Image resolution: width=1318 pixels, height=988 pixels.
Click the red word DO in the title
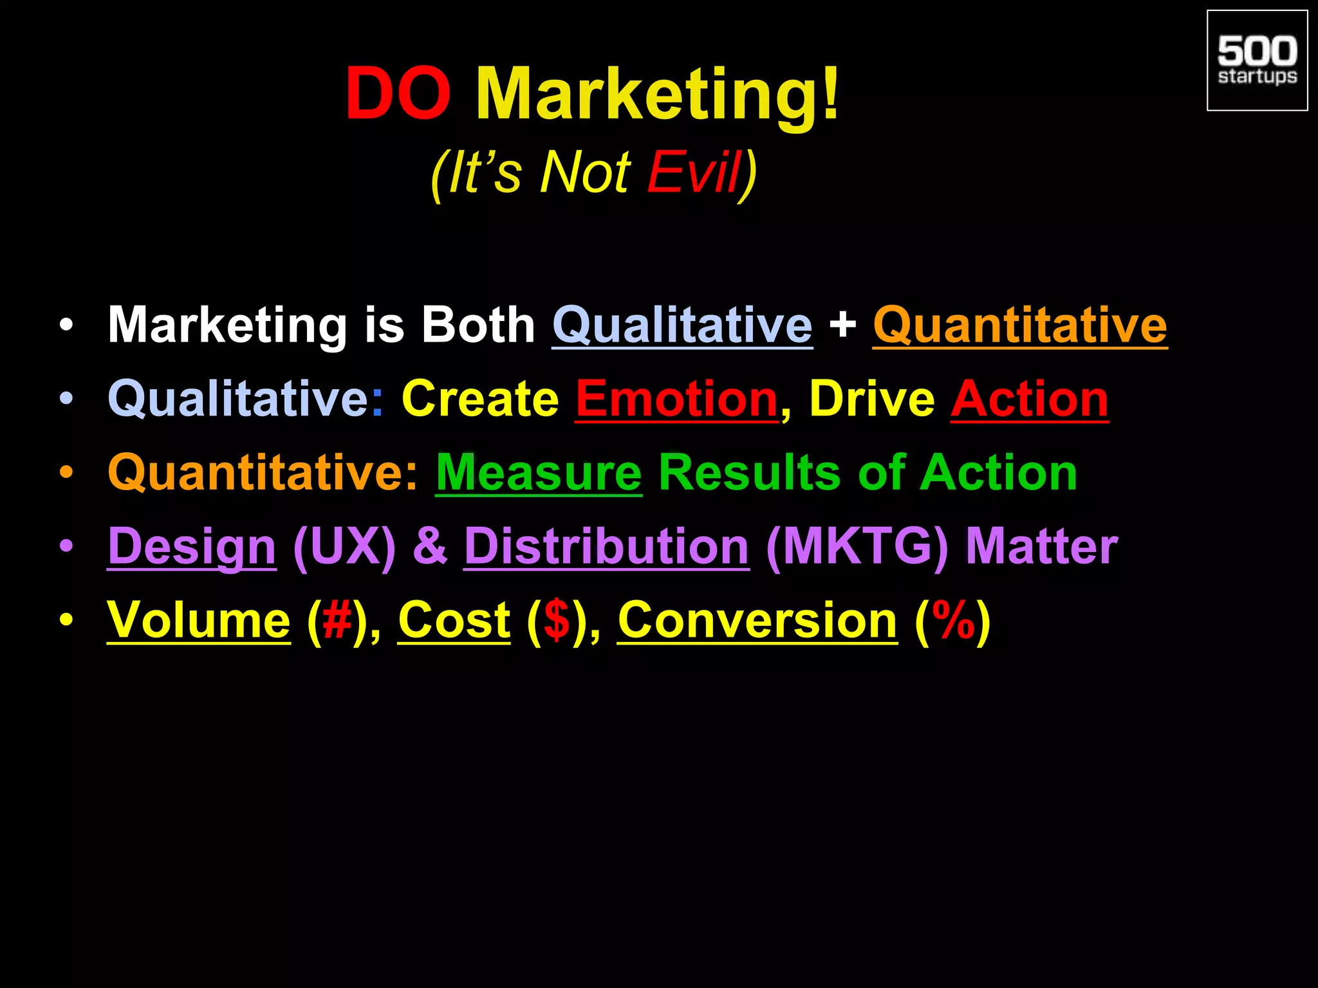[398, 95]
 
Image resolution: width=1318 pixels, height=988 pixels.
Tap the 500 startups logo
[1257, 61]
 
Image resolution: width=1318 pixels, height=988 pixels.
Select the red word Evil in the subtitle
[694, 172]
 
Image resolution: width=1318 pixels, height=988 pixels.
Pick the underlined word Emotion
[677, 399]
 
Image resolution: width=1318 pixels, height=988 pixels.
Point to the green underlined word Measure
[539, 473]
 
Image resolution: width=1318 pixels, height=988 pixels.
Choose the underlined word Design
[192, 547]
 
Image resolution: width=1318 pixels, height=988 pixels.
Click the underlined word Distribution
[606, 547]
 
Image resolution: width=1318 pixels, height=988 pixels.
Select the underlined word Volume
[199, 620]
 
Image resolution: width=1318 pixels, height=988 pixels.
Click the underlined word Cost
[454, 620]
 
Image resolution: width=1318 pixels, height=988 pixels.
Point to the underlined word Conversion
[757, 620]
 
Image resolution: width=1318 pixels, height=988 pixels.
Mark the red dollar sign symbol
[557, 620]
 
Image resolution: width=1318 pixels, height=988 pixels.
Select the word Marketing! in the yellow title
[658, 95]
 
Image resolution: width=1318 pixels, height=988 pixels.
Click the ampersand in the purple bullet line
[430, 547]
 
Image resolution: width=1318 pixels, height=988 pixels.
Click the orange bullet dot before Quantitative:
[66, 473]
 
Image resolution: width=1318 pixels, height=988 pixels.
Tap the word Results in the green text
[750, 473]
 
